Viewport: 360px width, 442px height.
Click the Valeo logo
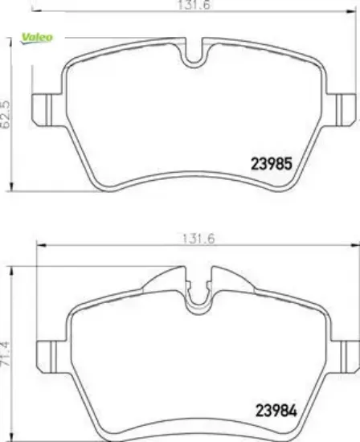37,38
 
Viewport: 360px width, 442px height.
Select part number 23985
272,164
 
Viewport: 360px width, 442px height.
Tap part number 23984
276,411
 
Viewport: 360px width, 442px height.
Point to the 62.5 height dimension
6,114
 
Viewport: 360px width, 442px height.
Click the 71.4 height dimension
6,354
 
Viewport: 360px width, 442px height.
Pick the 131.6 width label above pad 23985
194,5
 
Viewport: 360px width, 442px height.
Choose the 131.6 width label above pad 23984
198,239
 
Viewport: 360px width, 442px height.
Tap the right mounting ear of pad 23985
341,109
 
